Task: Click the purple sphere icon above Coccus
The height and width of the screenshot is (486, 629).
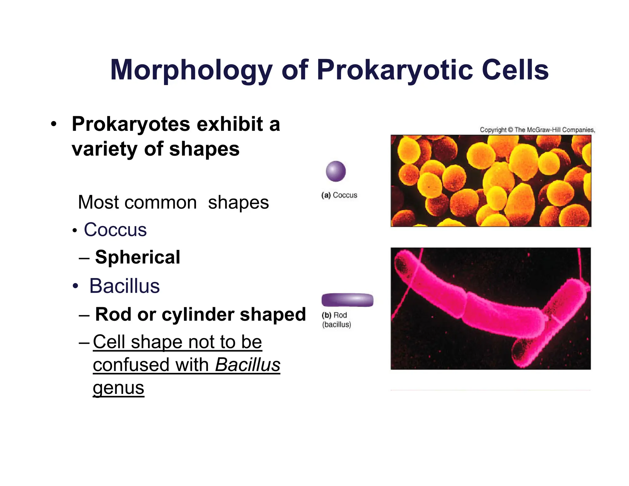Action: (x=336, y=171)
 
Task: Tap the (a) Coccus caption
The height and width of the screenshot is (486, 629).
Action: (x=339, y=195)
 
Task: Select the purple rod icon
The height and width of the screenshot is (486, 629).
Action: (x=347, y=300)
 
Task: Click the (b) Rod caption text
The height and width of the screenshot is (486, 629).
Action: (x=334, y=315)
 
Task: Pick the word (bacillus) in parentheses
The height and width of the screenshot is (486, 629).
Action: (x=336, y=324)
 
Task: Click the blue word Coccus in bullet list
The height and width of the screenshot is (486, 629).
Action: (x=115, y=230)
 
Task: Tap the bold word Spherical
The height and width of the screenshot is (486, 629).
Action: (x=137, y=257)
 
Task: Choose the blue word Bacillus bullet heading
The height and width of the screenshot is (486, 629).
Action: (x=124, y=286)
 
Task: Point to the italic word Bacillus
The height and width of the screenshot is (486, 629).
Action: (x=248, y=365)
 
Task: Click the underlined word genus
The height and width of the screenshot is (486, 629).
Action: (x=118, y=388)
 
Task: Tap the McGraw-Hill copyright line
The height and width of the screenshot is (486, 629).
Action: (x=537, y=130)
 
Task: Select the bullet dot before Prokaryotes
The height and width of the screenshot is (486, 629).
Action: (x=54, y=124)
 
